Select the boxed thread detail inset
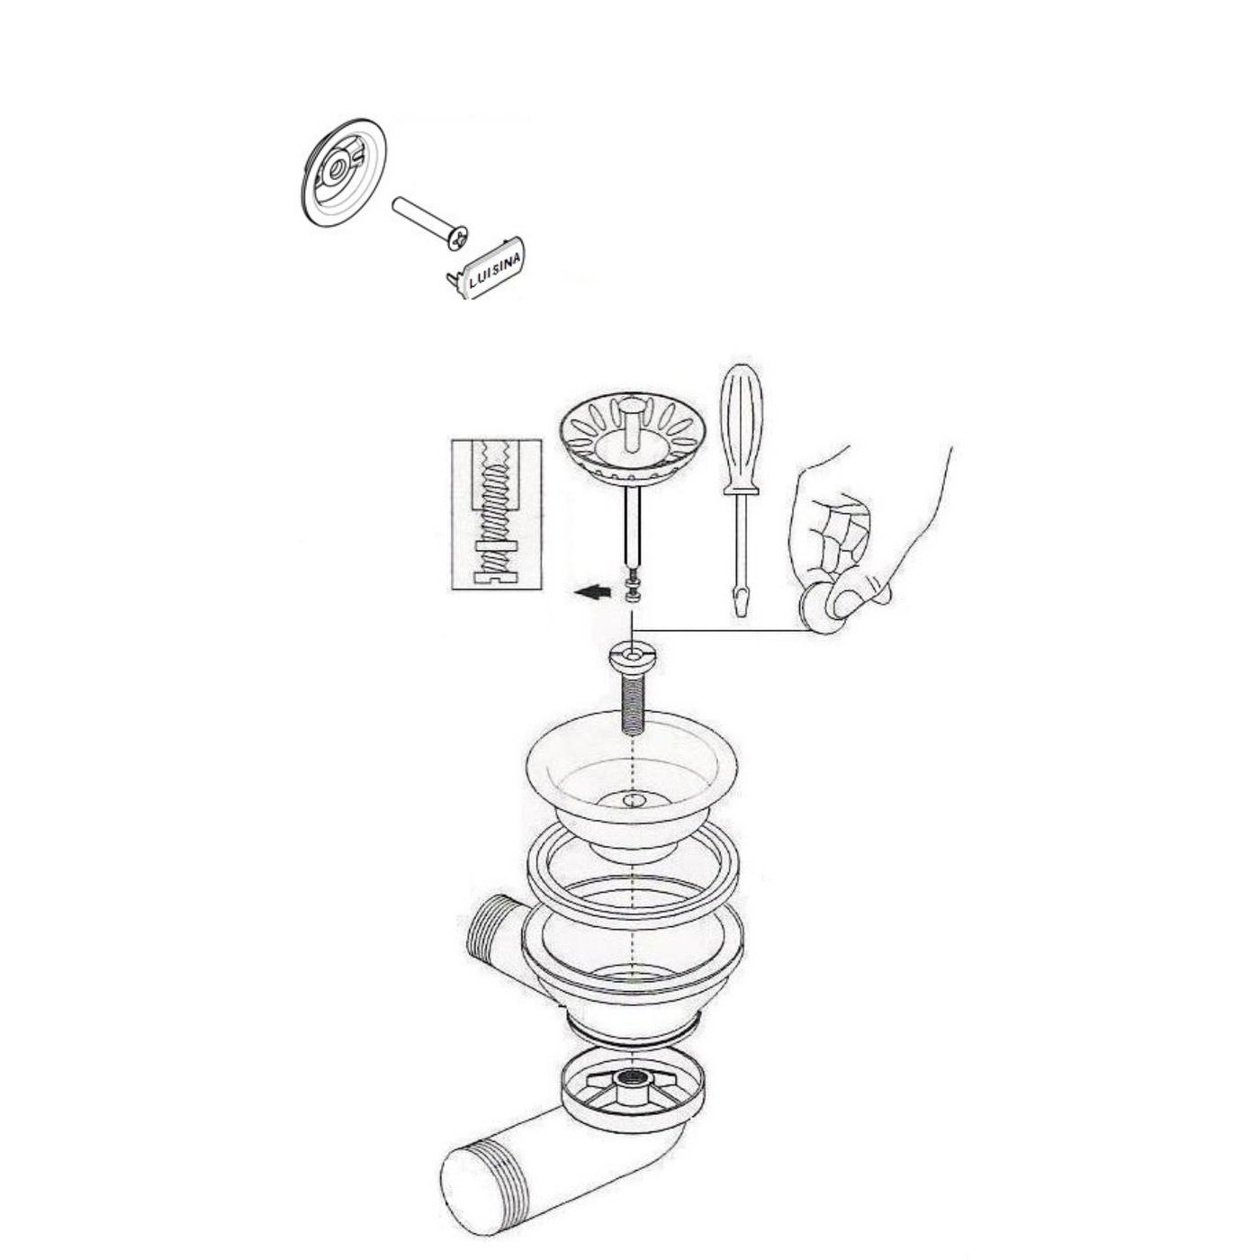tap(496, 513)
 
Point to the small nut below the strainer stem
tap(634, 589)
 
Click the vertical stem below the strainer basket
tap(634, 526)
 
